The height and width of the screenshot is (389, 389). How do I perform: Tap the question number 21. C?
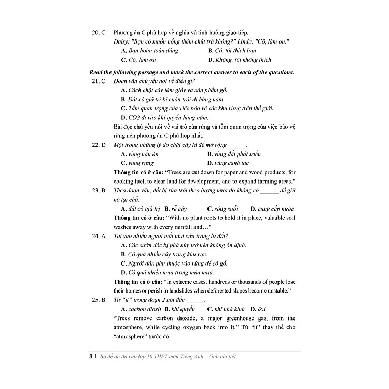point(99,81)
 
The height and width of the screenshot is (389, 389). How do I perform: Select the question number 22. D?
point(99,145)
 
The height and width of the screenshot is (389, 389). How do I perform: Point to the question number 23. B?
point(99,190)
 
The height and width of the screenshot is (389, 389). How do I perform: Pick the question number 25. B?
point(99,300)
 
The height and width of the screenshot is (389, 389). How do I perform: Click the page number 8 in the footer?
point(91,356)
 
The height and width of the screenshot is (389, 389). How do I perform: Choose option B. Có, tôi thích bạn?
point(232,51)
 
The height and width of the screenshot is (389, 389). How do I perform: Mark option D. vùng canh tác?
point(228,163)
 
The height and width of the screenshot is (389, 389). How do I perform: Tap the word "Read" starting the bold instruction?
point(96,72)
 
